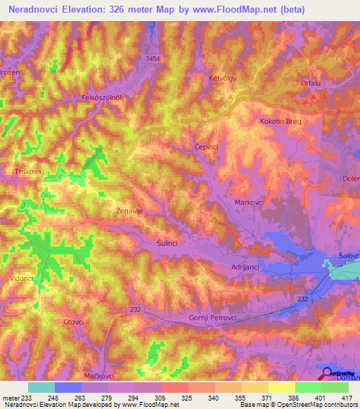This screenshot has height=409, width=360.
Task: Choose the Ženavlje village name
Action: [x=129, y=209]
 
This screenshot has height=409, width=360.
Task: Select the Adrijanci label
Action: [x=246, y=267]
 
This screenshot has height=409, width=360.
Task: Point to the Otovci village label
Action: [x=74, y=322]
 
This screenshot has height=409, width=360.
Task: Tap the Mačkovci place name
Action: [x=98, y=377]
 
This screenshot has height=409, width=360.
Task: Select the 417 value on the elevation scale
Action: [x=345, y=398]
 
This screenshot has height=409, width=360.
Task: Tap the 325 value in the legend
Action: [x=185, y=398]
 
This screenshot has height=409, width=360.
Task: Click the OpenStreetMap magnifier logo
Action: [x=326, y=372]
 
